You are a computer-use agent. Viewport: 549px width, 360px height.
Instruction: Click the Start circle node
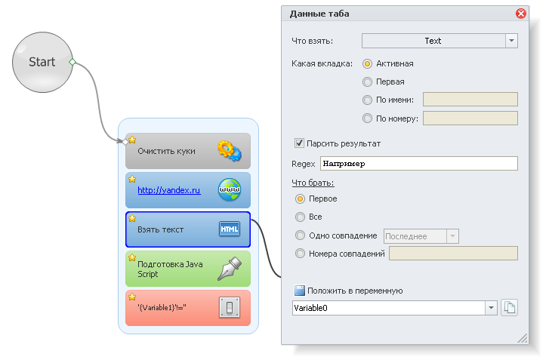click(42, 63)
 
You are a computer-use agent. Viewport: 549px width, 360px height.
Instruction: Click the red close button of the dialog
click(520, 14)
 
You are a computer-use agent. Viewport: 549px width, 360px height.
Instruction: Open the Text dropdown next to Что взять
click(511, 41)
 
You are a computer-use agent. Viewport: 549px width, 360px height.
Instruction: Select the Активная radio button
click(368, 63)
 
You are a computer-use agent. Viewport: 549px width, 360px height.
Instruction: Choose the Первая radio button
click(368, 82)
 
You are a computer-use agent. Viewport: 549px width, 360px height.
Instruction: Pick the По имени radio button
click(368, 99)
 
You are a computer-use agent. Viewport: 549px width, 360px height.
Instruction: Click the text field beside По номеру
click(470, 118)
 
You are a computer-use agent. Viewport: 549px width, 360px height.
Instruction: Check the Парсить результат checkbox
click(299, 143)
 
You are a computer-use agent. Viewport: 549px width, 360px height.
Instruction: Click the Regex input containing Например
click(418, 163)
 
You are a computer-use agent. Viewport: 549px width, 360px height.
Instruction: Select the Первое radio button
click(301, 198)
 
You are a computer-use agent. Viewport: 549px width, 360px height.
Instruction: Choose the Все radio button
click(301, 217)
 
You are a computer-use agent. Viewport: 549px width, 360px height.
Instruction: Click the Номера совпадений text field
click(452, 254)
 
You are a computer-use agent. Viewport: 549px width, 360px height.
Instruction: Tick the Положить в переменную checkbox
click(299, 291)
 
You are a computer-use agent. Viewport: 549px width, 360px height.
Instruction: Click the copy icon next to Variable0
click(510, 307)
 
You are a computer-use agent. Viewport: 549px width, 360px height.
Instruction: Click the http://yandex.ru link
click(168, 190)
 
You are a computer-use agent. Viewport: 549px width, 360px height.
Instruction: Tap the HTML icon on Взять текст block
click(230, 229)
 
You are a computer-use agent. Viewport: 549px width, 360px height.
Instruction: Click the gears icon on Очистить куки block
click(229, 151)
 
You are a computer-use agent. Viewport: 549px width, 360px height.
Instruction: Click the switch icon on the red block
click(230, 308)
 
